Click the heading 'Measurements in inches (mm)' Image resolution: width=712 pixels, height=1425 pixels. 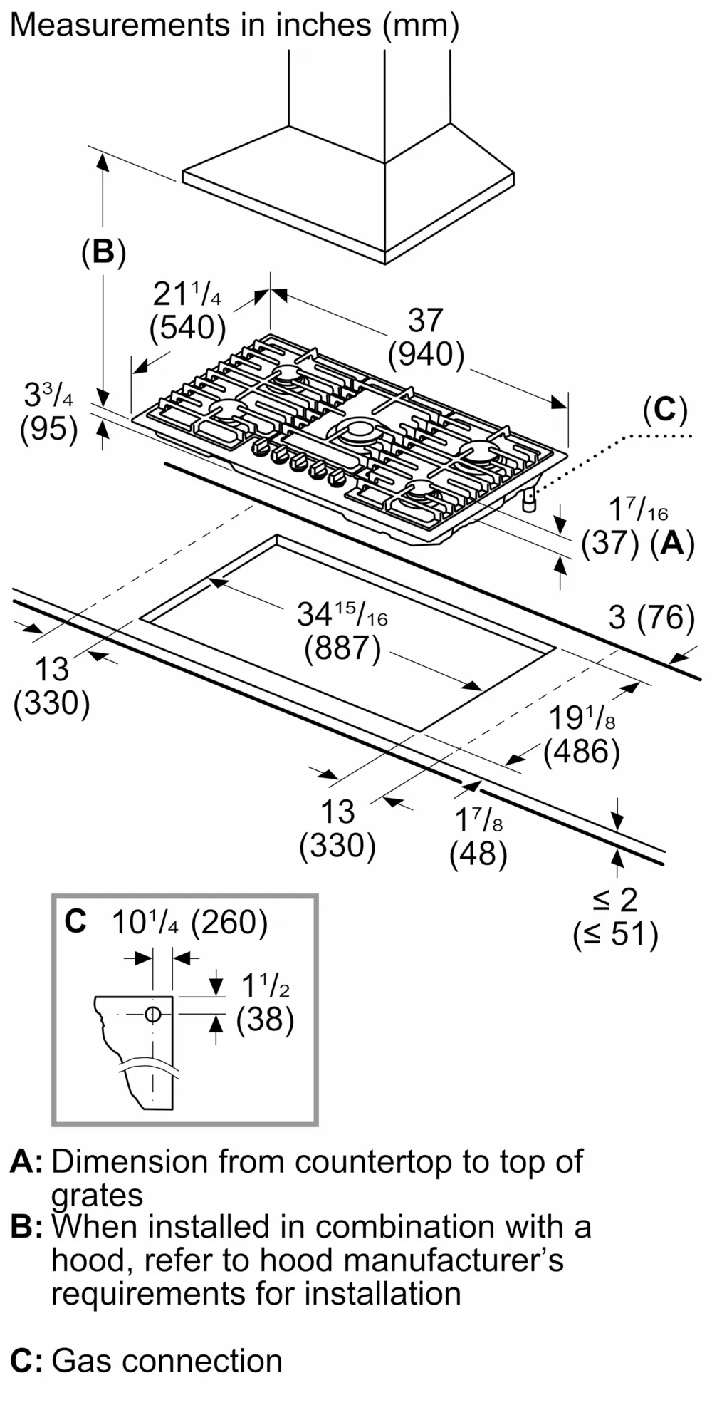pyautogui.click(x=234, y=26)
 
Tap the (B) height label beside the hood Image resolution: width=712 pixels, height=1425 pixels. pyautogui.click(x=103, y=252)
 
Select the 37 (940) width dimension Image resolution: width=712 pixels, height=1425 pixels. pyautogui.click(x=426, y=337)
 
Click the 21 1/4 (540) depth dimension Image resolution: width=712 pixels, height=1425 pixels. pyautogui.click(x=188, y=311)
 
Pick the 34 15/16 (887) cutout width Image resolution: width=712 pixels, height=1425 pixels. pyautogui.click(x=342, y=631)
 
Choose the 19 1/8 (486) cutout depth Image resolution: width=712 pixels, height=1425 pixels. pyautogui.click(x=582, y=735)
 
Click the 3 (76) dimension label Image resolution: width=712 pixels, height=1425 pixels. pyautogui.click(x=651, y=618)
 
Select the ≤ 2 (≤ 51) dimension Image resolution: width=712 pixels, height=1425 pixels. pyautogui.click(x=616, y=917)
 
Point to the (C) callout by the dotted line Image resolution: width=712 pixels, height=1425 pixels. pyautogui.click(x=665, y=410)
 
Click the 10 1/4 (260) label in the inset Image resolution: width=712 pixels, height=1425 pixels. pyautogui.click(x=189, y=923)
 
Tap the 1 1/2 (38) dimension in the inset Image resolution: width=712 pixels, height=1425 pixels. pyautogui.click(x=265, y=1003)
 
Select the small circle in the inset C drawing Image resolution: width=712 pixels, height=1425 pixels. pyautogui.click(x=152, y=1015)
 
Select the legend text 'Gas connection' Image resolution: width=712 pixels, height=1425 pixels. pyautogui.click(x=167, y=1361)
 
